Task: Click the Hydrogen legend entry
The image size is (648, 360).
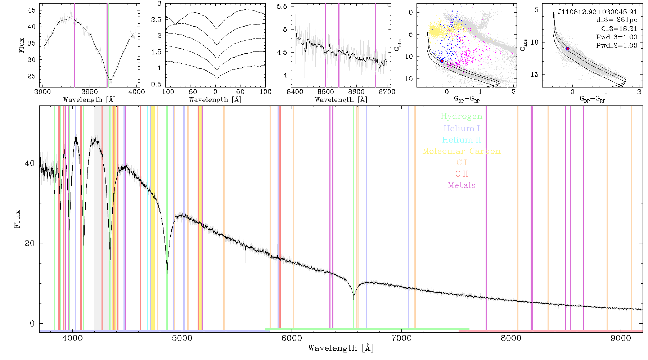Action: click(x=461, y=116)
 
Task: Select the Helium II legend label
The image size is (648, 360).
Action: click(x=461, y=140)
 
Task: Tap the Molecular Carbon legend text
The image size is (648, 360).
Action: click(x=462, y=151)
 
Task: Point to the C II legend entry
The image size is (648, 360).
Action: click(x=462, y=174)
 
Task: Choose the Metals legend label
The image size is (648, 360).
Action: click(x=462, y=185)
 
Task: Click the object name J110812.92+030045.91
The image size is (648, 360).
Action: click(x=597, y=12)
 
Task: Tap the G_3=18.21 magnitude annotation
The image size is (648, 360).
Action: click(x=619, y=28)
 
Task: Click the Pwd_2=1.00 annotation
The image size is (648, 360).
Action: click(x=617, y=45)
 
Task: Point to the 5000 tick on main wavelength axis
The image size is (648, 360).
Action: click(x=182, y=338)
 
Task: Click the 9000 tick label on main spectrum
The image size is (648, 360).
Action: click(x=621, y=338)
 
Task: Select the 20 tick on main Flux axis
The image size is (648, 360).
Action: click(x=30, y=243)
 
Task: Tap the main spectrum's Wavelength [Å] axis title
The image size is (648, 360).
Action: click(x=341, y=348)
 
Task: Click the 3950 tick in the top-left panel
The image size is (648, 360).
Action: click(x=90, y=91)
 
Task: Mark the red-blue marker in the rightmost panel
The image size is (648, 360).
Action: click(x=567, y=49)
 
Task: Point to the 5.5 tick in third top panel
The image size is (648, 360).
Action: click(x=283, y=6)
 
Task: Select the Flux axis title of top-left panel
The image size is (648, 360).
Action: click(x=22, y=45)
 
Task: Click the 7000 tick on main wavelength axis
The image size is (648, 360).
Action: click(x=401, y=338)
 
